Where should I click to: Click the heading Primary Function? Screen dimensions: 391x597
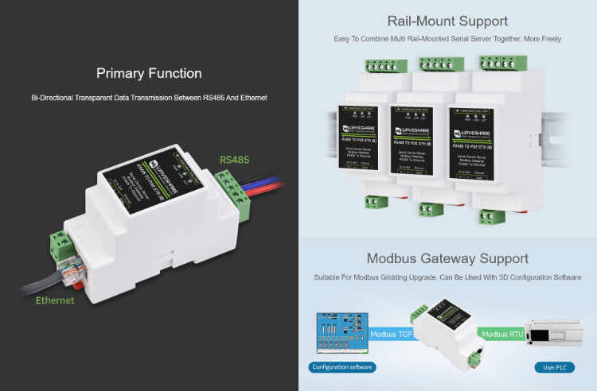pyautogui.click(x=149, y=73)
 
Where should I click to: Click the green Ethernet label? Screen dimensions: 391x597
pyautogui.click(x=55, y=300)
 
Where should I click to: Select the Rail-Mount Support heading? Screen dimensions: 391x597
pyautogui.click(x=447, y=21)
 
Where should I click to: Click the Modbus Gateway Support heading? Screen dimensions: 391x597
pyautogui.click(x=447, y=258)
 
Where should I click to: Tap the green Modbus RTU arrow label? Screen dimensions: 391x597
pyautogui.click(x=505, y=335)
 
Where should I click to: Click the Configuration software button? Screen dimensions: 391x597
pyautogui.click(x=342, y=367)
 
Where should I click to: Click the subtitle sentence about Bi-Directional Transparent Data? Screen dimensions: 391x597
pyautogui.click(x=149, y=97)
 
